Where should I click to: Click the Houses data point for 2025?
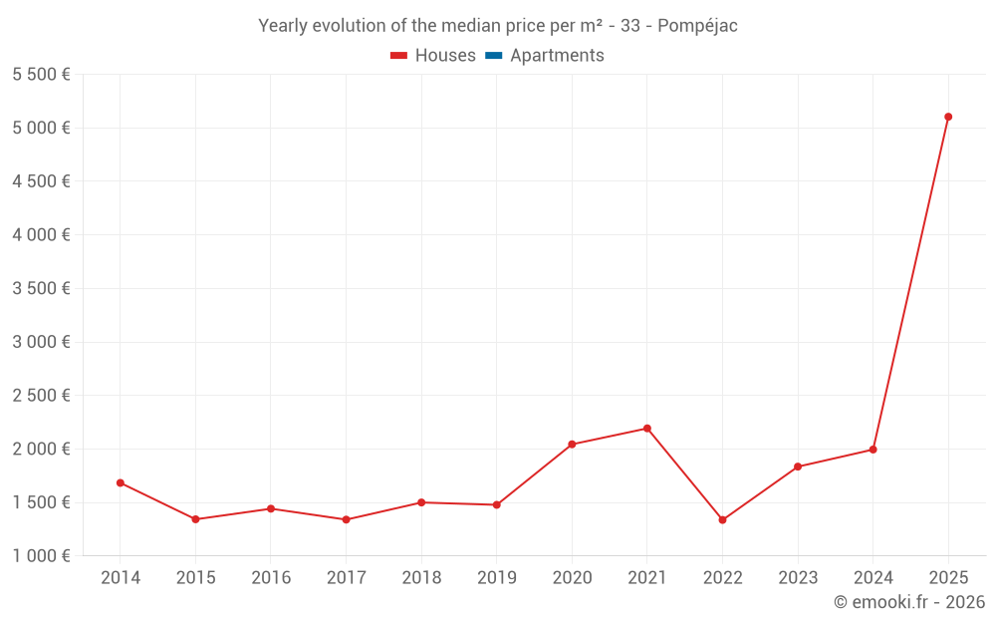point(948,117)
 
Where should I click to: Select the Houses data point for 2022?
point(722,520)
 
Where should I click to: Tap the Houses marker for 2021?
point(647,429)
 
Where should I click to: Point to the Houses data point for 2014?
point(121,482)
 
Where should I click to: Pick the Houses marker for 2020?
point(572,445)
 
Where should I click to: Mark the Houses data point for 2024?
point(872,450)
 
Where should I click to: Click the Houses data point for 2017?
point(346,519)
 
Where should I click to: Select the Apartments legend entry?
point(556,56)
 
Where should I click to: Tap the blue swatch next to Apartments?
point(493,56)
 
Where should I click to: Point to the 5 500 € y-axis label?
point(41,75)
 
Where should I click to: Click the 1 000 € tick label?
point(41,556)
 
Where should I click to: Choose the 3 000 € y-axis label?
point(41,342)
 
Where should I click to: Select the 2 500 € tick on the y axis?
point(41,396)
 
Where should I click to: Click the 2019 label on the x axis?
point(496,578)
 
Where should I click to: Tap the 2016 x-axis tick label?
point(271,578)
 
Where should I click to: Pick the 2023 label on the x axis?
point(798,578)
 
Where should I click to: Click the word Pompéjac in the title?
point(697,26)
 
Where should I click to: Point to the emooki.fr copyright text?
point(908,602)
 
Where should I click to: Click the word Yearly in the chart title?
point(283,26)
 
